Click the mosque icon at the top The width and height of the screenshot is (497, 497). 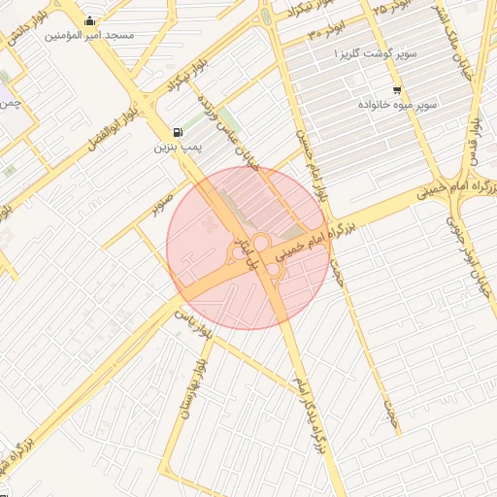(x=90, y=21)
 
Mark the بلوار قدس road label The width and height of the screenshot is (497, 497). (x=475, y=146)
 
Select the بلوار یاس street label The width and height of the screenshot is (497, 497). (x=191, y=316)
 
